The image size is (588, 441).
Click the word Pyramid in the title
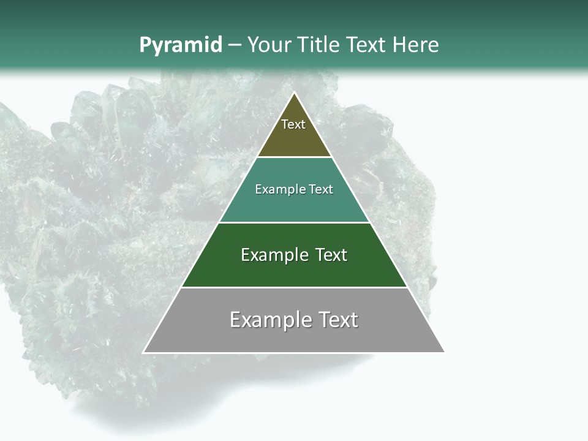point(180,45)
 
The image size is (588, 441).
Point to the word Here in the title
point(416,45)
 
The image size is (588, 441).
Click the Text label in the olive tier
point(293,124)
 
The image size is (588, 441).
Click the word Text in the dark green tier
point(331,255)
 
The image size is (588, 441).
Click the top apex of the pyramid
point(294,93)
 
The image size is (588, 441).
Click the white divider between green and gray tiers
point(294,287)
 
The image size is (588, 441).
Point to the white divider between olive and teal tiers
point(294,157)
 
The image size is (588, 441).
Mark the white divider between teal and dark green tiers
point(294,222)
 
